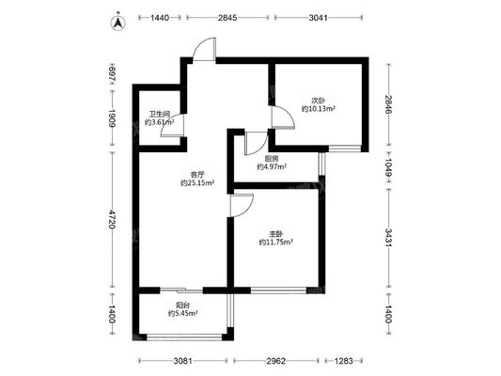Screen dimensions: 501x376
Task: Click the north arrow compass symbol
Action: pos(118,23)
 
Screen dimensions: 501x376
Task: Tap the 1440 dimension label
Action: pos(160,18)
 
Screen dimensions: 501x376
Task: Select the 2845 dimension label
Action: pos(227,18)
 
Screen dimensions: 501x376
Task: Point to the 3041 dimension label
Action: pos(319,18)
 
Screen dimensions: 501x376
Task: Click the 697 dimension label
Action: pos(112,74)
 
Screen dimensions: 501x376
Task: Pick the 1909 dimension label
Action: pos(112,118)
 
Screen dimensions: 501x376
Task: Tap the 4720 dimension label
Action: pos(112,219)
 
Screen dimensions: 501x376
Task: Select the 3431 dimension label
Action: pos(388,238)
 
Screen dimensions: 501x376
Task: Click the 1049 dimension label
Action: pos(388,168)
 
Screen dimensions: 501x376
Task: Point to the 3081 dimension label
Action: pos(182,361)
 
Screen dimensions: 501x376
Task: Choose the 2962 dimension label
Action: pos(276,361)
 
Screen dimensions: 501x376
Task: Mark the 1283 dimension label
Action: pos(344,361)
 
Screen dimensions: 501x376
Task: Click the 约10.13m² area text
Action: pos(319,109)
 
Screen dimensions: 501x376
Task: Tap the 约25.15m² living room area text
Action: pos(197,183)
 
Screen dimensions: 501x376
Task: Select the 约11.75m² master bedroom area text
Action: pos(276,243)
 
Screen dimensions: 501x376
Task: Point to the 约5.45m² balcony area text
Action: pos(183,314)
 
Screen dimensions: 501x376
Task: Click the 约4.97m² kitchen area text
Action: pos(272,166)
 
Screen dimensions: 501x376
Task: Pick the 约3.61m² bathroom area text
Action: pos(160,122)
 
